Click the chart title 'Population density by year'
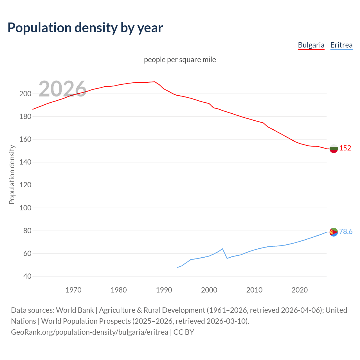tap(85, 28)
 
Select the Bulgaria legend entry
tap(311, 45)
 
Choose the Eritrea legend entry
tap(341, 45)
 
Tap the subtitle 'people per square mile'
tap(180, 60)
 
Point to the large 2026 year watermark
tap(62, 89)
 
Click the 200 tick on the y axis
tap(25, 94)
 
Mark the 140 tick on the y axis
tap(25, 162)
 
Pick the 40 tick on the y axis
tap(27, 276)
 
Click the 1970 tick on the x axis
tap(73, 290)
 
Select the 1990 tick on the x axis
tap(164, 290)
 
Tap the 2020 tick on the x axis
tap(300, 290)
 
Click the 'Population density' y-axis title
tap(12, 174)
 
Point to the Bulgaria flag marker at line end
tap(334, 148)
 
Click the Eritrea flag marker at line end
tap(334, 232)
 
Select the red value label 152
tap(345, 148)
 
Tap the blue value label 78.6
tap(346, 231)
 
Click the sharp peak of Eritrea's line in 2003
tap(222, 249)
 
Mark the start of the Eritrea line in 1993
tap(177, 267)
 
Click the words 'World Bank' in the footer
tap(75, 310)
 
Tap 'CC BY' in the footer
tap(184, 332)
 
